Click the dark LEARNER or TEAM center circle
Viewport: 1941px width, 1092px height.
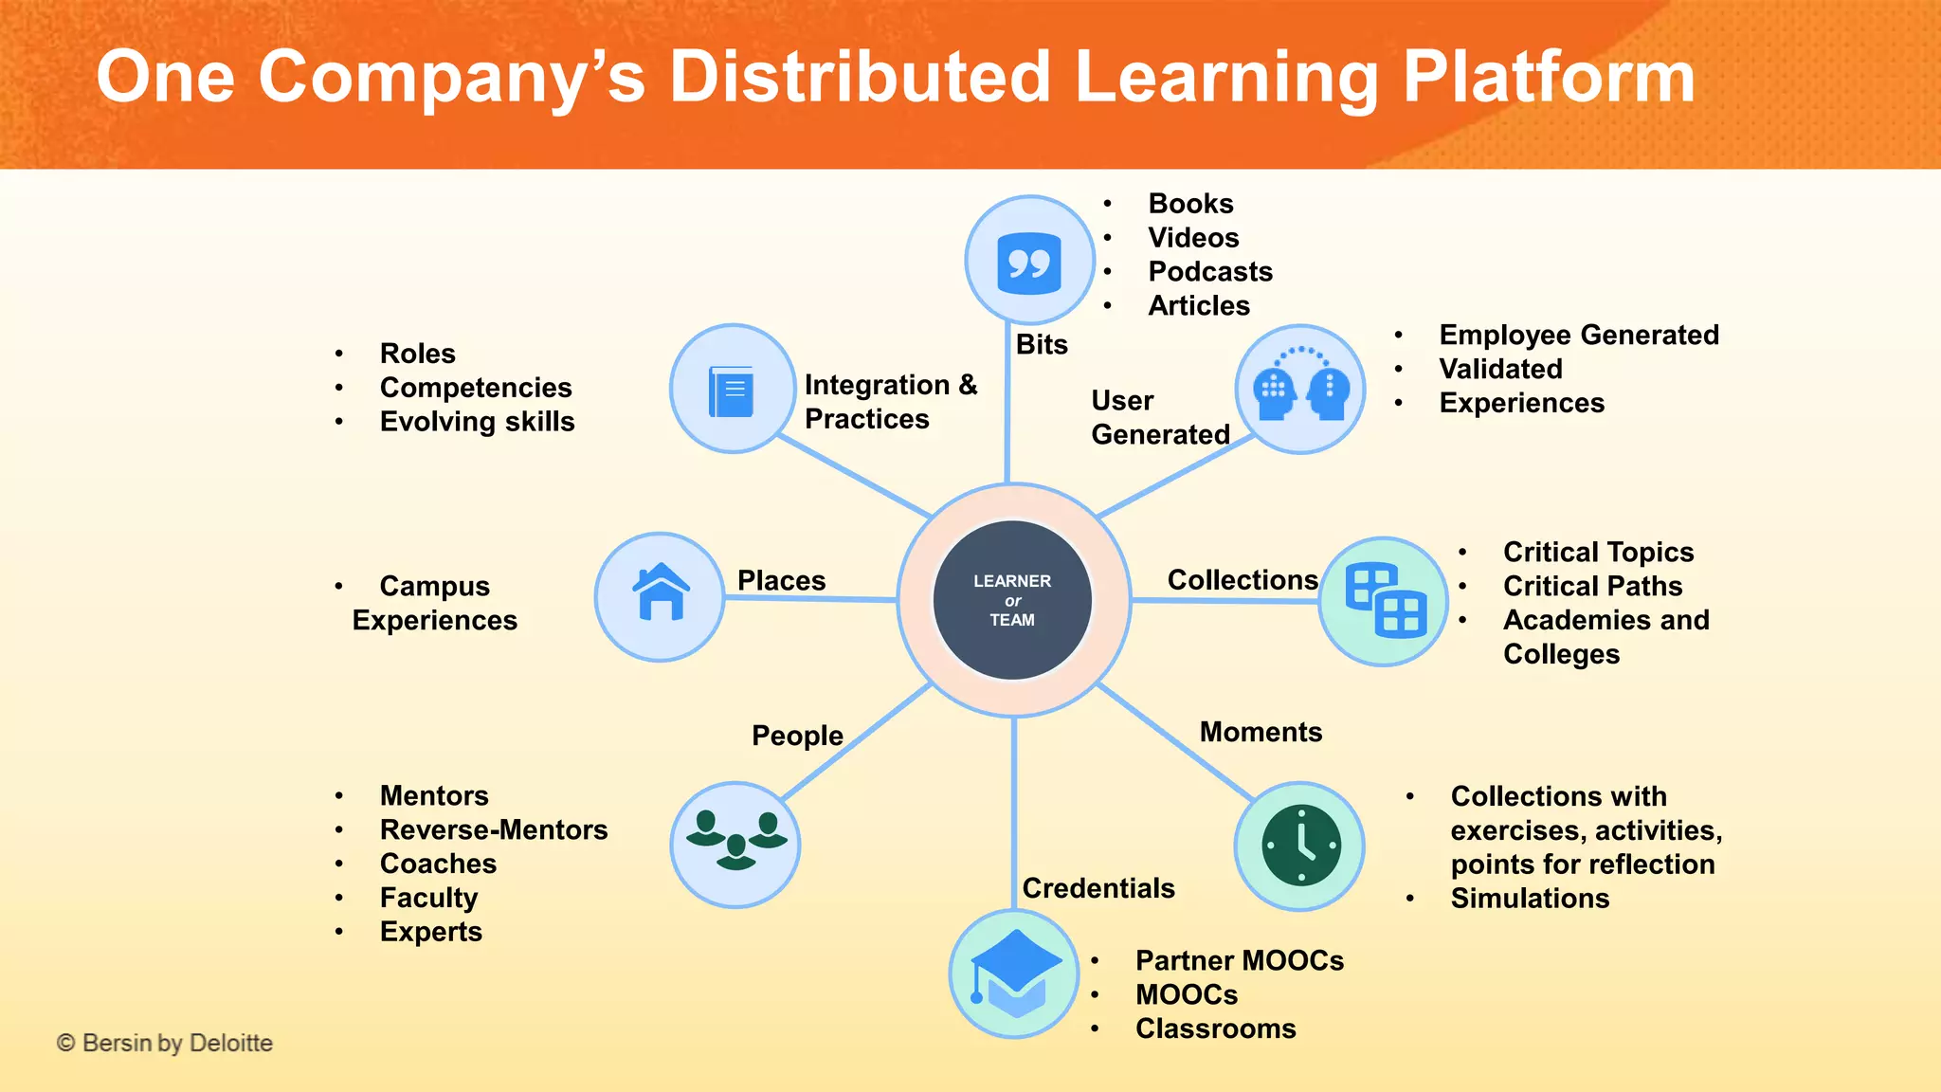pyautogui.click(x=1012, y=600)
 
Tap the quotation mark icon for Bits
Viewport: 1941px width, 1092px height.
pyautogui.click(x=1029, y=262)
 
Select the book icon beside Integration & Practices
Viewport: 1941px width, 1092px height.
pyautogui.click(x=732, y=390)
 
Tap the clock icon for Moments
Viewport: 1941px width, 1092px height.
pyautogui.click(x=1300, y=846)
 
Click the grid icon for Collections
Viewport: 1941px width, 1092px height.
pyautogui.click(x=1385, y=601)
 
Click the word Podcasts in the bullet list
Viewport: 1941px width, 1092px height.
pyautogui.click(x=1209, y=272)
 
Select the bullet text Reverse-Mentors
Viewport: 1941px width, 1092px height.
pyautogui.click(x=493, y=829)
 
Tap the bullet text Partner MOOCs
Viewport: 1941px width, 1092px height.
pyautogui.click(x=1239, y=960)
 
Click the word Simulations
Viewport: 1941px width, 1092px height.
pyautogui.click(x=1529, y=898)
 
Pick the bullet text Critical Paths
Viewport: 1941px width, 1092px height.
pyautogui.click(x=1592, y=586)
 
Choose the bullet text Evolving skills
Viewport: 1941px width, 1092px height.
pyautogui.click(x=477, y=422)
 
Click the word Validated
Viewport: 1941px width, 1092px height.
pyautogui.click(x=1499, y=369)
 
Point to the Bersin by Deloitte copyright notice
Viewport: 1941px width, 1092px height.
pyautogui.click(x=165, y=1043)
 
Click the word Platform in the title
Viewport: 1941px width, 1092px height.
pyautogui.click(x=1548, y=77)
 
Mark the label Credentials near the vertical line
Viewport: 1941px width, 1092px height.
pyautogui.click(x=1097, y=888)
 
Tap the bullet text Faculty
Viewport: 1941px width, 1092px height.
pyautogui.click(x=428, y=898)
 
